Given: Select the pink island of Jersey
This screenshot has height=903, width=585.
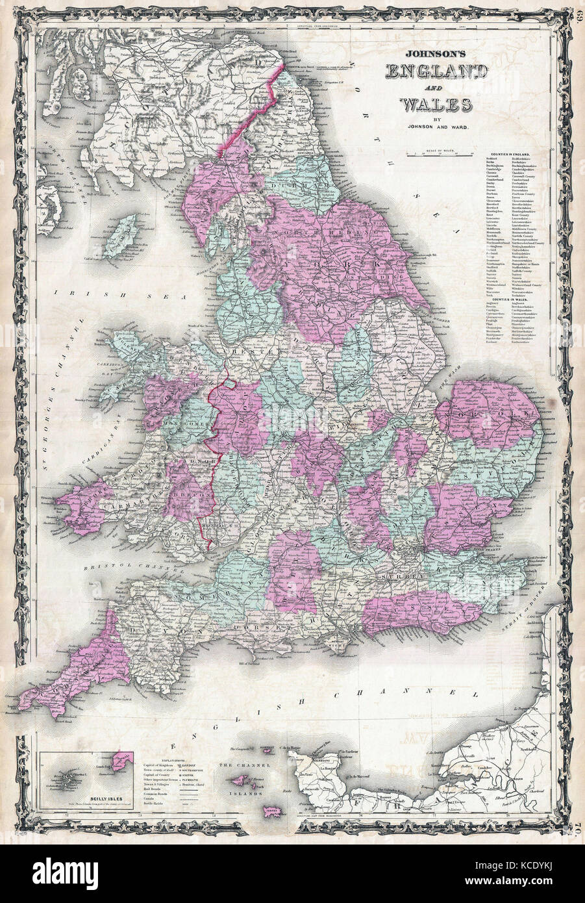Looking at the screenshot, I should [x=272, y=811].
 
